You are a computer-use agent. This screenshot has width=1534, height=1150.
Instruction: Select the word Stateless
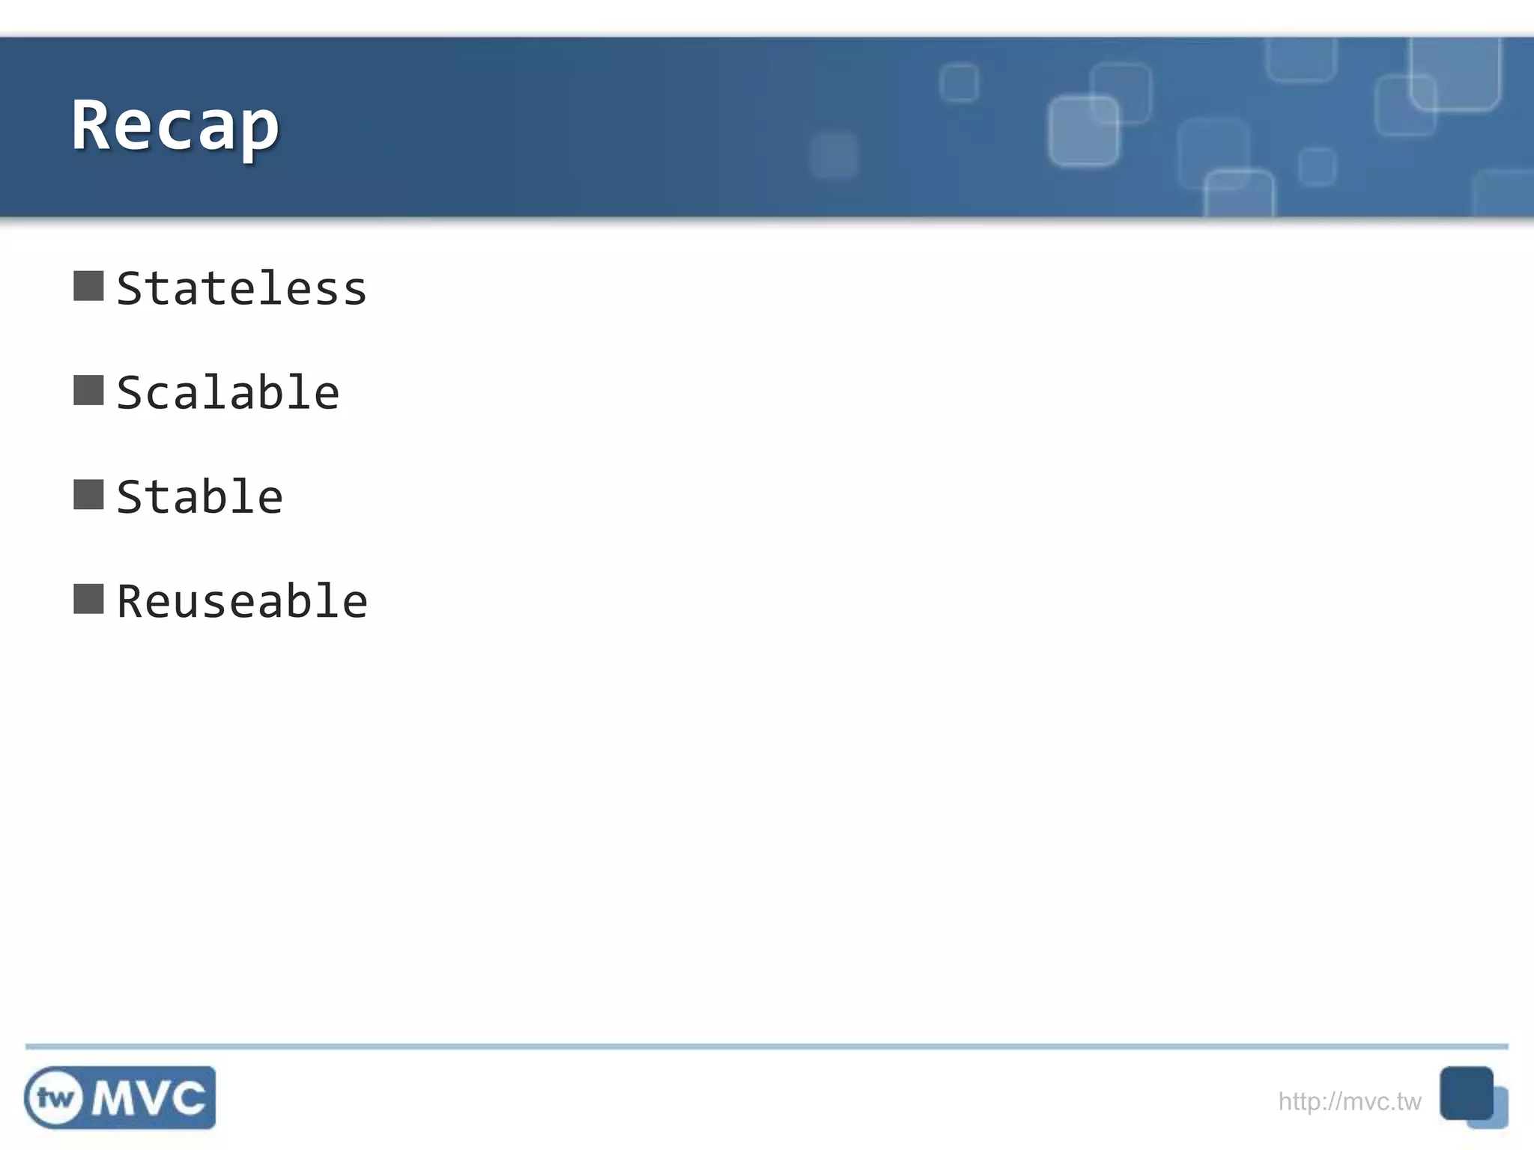[x=241, y=289]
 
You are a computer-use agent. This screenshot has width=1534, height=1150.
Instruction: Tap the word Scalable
[x=228, y=393]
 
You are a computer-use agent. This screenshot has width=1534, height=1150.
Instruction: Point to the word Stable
[x=199, y=497]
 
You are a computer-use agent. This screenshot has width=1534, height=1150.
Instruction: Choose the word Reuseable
[x=241, y=602]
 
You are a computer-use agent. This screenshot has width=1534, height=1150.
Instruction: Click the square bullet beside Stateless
[x=88, y=286]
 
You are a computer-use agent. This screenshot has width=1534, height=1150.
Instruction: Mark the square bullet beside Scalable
[x=88, y=390]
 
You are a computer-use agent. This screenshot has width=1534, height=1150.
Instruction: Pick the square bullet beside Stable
[x=88, y=495]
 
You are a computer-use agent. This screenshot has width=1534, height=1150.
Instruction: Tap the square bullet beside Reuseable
[x=88, y=599]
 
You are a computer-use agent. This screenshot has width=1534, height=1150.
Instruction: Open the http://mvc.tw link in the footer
[x=1349, y=1101]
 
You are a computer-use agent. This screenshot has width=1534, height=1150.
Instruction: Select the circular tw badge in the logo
[x=55, y=1098]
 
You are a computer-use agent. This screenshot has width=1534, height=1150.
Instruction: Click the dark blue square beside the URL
[x=1466, y=1092]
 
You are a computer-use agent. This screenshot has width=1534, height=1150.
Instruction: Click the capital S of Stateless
[x=130, y=289]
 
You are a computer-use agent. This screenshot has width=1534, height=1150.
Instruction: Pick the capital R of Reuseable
[x=130, y=602]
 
